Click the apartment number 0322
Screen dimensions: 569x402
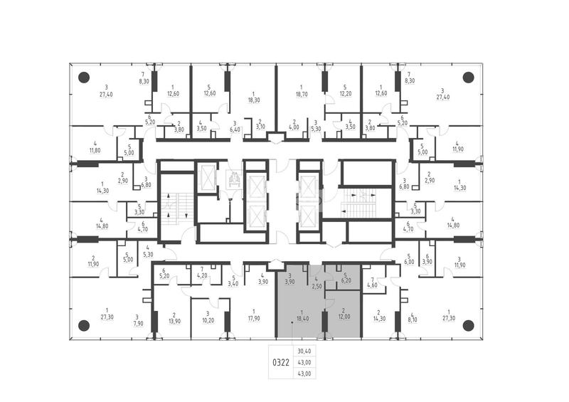point(281,362)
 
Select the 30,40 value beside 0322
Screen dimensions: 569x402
point(304,351)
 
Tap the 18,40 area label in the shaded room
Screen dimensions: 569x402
point(302,318)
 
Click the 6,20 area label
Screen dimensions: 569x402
point(346,280)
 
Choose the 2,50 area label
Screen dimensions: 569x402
point(317,286)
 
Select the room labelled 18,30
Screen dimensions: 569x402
point(254,100)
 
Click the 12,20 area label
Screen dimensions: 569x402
point(345,94)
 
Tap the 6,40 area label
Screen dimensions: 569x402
point(235,129)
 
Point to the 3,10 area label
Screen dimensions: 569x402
point(260,127)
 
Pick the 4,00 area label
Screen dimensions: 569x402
point(294,127)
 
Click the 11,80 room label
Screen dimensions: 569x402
point(95,150)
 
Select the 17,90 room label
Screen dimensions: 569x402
point(254,318)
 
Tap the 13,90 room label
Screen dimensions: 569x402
point(174,321)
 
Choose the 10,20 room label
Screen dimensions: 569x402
point(208,320)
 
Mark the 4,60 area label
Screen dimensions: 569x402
point(372,285)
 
